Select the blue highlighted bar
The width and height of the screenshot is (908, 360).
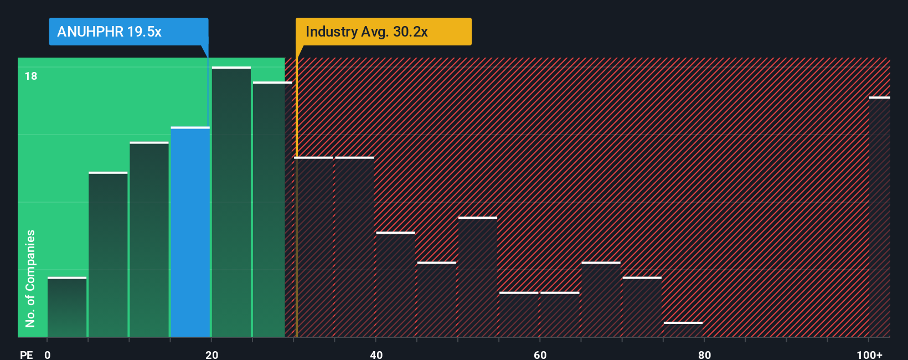click(190, 233)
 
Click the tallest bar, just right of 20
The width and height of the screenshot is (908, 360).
click(231, 202)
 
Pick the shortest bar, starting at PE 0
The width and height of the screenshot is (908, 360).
click(67, 307)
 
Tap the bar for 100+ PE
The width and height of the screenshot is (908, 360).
click(879, 217)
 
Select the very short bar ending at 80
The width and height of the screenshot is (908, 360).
click(683, 330)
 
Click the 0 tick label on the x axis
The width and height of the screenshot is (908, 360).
click(48, 354)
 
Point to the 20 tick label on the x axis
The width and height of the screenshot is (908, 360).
click(211, 354)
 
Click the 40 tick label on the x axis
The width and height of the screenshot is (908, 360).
click(376, 354)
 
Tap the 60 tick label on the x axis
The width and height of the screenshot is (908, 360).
click(540, 354)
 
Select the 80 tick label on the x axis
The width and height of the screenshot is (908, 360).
click(704, 354)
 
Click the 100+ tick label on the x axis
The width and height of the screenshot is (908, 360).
click(869, 354)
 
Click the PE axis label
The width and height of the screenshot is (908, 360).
click(26, 354)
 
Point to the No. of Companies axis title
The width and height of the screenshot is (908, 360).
click(30, 278)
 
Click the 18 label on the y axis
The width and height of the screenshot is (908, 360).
click(31, 76)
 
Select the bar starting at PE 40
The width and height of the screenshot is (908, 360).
click(395, 285)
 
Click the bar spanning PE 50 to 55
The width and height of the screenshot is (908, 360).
click(478, 277)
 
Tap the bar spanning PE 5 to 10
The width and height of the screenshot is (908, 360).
click(108, 255)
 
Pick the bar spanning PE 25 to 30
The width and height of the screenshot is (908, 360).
click(272, 209)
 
